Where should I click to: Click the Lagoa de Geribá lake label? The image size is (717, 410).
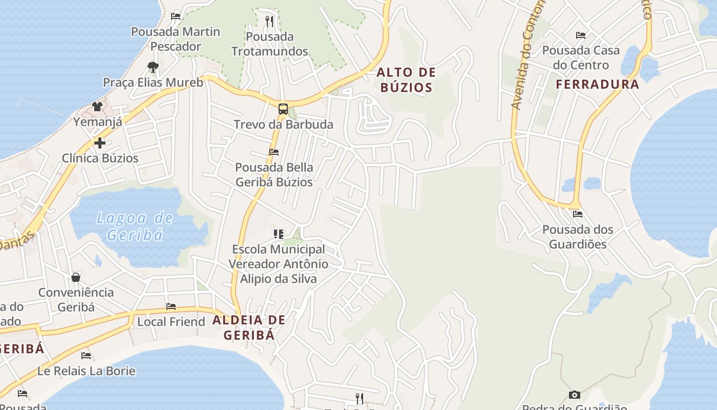pos(135,227)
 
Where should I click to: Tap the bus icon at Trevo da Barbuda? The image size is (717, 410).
pos(283,109)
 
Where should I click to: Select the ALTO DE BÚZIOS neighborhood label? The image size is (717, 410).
pos(406,80)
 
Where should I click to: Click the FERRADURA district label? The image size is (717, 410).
pos(598,85)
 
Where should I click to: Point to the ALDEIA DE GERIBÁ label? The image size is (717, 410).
pos(249,327)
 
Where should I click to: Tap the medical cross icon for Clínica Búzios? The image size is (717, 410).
pos(100,143)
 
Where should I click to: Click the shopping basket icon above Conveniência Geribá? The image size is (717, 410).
pos(76,277)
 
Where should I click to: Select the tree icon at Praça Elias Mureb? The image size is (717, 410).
pos(153,67)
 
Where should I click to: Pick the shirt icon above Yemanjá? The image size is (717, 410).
pos(97,107)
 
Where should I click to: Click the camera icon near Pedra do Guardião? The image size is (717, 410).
pos(575,395)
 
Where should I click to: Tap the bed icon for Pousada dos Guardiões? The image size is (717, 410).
pos(578,214)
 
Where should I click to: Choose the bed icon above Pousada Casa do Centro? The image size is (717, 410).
pos(581,35)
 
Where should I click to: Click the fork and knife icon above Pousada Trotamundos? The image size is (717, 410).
pos(270,22)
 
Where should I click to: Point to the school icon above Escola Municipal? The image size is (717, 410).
pos(278,234)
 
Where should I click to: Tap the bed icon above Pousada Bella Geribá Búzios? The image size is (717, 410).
pos(274,152)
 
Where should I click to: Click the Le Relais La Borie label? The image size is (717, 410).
pos(87,371)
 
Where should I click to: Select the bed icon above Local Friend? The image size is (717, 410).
pos(171,306)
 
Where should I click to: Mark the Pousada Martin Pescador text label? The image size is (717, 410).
pos(176,39)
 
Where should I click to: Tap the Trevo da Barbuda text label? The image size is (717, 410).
pos(283,125)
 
